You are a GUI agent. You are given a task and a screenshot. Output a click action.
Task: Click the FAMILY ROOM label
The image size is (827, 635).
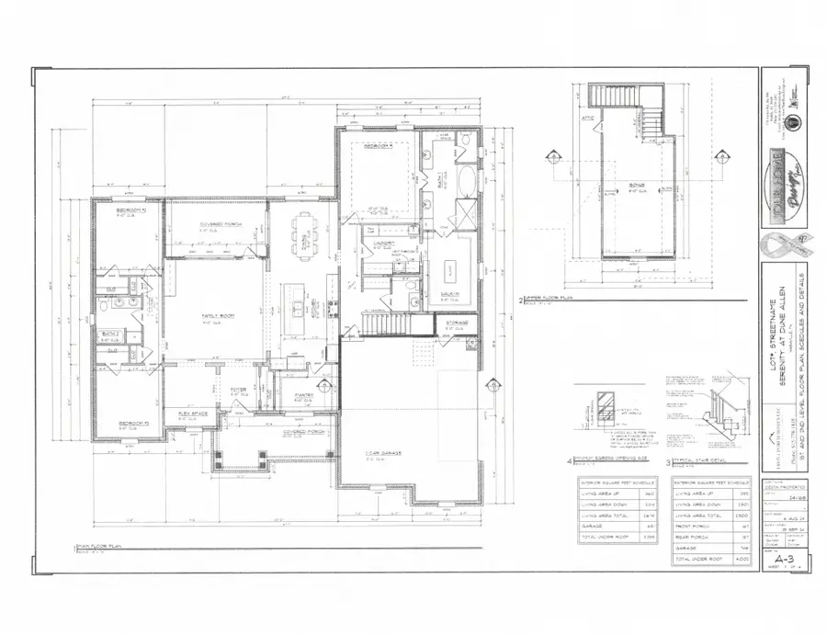pyautogui.click(x=219, y=316)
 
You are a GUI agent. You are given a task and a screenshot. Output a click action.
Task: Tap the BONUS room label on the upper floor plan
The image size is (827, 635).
pyautogui.click(x=637, y=186)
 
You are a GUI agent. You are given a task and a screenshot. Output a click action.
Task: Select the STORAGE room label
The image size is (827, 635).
pyautogui.click(x=458, y=323)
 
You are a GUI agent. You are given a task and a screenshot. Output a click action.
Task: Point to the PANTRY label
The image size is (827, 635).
pyautogui.click(x=304, y=395)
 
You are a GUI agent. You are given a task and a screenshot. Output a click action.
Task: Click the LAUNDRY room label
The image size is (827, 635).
pyautogui.click(x=382, y=244)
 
